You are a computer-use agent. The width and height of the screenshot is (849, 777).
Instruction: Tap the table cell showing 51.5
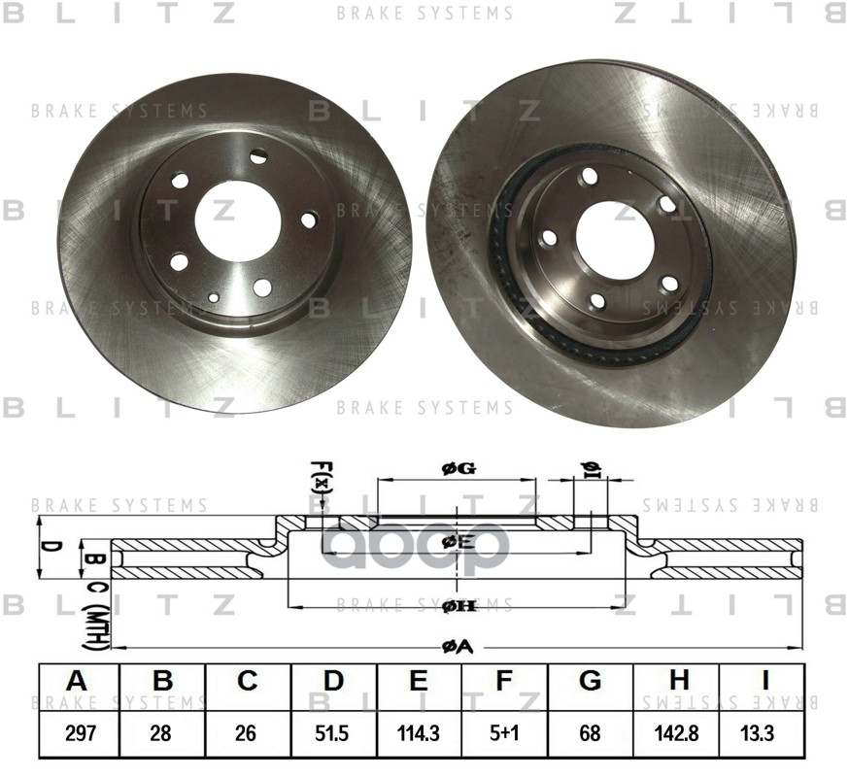pyautogui.click(x=333, y=733)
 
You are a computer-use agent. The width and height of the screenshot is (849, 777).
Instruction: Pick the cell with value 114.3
pyautogui.click(x=419, y=733)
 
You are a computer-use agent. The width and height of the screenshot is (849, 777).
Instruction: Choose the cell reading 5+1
pyautogui.click(x=503, y=733)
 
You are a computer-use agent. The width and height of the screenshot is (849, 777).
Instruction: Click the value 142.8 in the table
pyautogui.click(x=676, y=733)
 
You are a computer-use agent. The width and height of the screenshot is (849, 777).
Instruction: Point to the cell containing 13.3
pyautogui.click(x=761, y=733)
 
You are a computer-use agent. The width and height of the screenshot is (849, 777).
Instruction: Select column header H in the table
pyautogui.click(x=676, y=681)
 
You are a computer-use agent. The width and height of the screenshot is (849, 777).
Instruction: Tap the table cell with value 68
pyautogui.click(x=590, y=733)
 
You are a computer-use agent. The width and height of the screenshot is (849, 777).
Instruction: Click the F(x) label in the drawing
pyautogui.click(x=323, y=478)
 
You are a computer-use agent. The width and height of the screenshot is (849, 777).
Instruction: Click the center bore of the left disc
pyautogui.click(x=237, y=217)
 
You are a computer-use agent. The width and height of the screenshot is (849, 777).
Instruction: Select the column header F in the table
pyautogui.click(x=503, y=681)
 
